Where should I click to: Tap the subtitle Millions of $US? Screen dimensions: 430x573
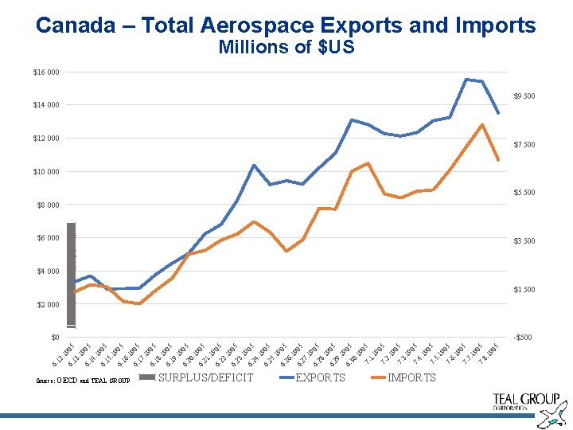(286, 48)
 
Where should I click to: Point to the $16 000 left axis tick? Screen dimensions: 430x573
(46, 72)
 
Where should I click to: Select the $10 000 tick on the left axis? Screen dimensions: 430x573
(46, 172)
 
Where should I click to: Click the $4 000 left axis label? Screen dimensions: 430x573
(48, 272)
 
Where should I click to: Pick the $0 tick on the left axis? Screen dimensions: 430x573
(53, 338)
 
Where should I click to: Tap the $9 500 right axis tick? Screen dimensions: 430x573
(524, 96)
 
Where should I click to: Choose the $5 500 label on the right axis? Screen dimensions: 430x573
(524, 193)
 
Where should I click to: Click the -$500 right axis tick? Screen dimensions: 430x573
(523, 338)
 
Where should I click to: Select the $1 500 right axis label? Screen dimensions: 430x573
(524, 289)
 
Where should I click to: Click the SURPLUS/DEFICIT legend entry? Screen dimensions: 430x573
(206, 377)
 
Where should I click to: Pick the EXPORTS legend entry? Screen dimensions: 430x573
(320, 377)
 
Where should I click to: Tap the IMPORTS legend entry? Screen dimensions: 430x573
(411, 377)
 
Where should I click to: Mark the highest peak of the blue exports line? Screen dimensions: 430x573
(466, 79)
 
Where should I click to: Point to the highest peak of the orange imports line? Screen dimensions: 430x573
(482, 124)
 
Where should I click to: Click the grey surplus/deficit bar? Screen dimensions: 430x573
(72, 275)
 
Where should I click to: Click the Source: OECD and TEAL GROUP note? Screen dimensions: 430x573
(83, 381)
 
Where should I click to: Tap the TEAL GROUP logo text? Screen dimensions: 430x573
(526, 400)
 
